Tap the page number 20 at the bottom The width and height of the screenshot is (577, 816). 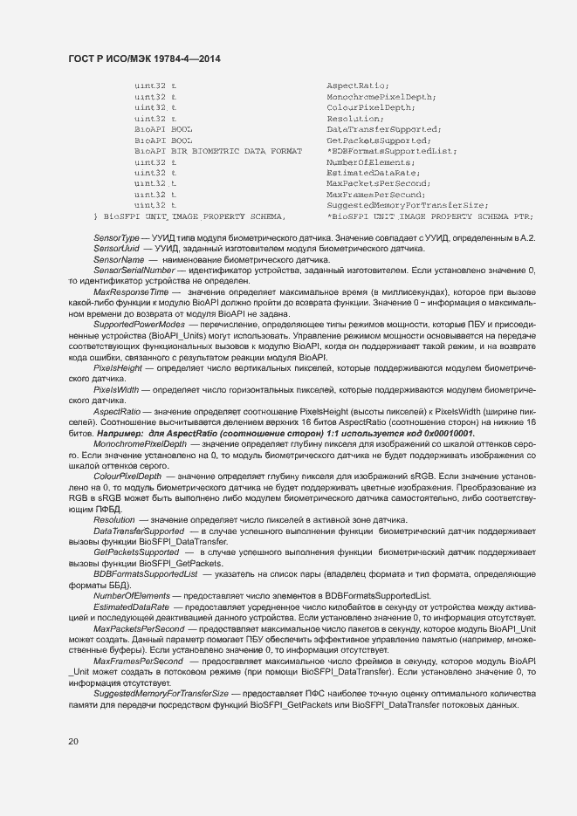(73, 741)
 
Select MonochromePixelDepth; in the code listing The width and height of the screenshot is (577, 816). (381, 97)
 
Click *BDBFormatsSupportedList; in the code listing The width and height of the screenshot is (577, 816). (392, 151)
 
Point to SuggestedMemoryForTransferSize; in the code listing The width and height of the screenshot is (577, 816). (406, 205)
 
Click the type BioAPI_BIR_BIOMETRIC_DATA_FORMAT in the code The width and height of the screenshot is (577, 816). (218, 151)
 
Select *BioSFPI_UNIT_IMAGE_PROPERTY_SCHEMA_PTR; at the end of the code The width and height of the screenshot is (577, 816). (429, 216)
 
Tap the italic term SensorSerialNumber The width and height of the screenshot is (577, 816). (134, 271)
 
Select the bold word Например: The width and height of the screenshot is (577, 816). (122, 433)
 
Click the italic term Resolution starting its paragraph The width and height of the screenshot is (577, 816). (114, 519)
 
